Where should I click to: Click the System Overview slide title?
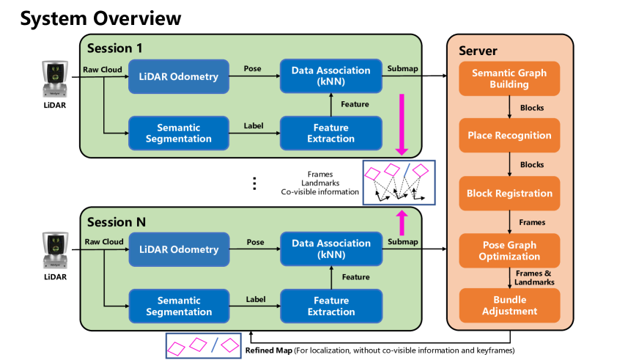coord(100,18)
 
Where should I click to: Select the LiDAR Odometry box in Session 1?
coord(178,77)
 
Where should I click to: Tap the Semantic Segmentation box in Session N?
coord(178,306)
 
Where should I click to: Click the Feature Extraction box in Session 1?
coord(331,133)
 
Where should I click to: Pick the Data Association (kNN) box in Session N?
coord(331,249)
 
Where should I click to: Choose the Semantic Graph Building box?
coord(509,78)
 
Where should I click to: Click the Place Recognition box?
coord(509,135)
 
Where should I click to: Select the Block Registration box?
coord(509,194)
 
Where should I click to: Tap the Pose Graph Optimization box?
coord(509,251)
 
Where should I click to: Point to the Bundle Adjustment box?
coord(509,306)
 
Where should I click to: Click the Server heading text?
coord(478,51)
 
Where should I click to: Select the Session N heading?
coord(117,221)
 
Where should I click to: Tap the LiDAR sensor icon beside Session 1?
coord(56,80)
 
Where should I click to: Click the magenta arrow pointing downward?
coord(402,125)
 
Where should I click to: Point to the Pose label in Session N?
coord(255,241)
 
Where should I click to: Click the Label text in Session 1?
coord(254,125)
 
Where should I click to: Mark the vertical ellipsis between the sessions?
coord(254,183)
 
